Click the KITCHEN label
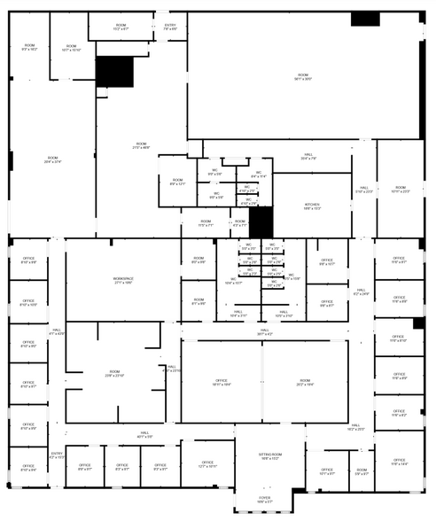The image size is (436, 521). pos(312,206)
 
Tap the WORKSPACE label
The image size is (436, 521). pos(122,280)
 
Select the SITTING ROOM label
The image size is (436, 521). pos(270,455)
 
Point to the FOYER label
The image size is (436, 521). pos(265,499)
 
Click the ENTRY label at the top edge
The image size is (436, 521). pos(171,27)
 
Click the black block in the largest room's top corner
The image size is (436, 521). pos(365,19)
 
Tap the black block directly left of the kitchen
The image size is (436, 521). pos(261,222)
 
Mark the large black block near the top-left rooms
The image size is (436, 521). pos(113,71)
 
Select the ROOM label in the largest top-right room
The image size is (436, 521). pos(303,77)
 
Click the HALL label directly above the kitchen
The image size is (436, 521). pos(308,158)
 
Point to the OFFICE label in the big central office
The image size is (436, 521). pos(221,382)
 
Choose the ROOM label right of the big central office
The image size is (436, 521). pos(304,382)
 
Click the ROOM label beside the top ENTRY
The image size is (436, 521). pos(121,27)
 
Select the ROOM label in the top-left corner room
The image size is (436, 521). pos(29,47)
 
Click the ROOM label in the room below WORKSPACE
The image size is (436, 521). pos(114,373)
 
